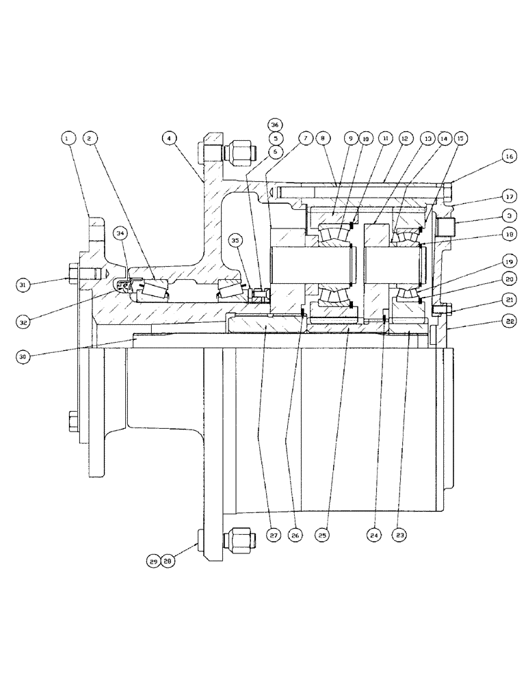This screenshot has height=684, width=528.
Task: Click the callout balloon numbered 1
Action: pyautogui.click(x=67, y=138)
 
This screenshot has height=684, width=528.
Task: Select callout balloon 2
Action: pyautogui.click(x=89, y=138)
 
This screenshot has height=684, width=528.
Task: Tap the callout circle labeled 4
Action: pyautogui.click(x=167, y=138)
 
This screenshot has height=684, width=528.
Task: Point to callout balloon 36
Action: pyautogui.click(x=275, y=125)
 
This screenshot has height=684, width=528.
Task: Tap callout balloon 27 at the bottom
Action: pyautogui.click(x=273, y=536)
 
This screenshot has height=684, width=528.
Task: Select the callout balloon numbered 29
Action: pyautogui.click(x=153, y=561)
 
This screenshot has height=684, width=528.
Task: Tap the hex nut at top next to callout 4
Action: pyautogui.click(x=240, y=148)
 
